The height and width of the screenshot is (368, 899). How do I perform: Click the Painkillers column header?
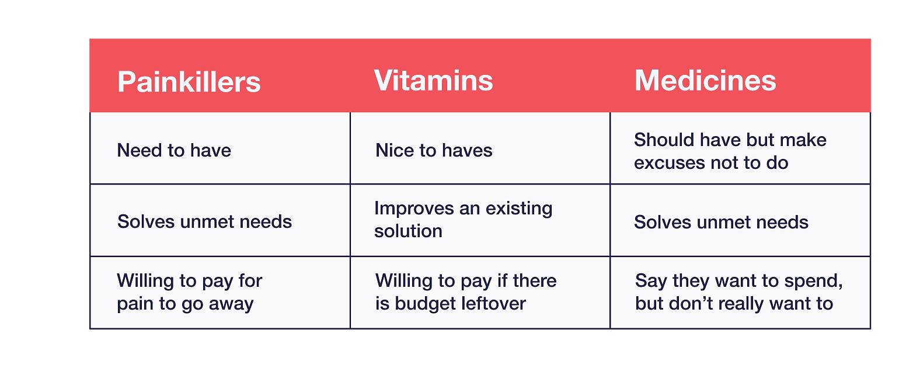[189, 82]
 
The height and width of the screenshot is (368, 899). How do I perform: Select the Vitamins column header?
[433, 81]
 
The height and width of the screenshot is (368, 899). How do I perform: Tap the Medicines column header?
[705, 81]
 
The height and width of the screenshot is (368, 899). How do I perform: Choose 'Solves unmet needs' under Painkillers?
[204, 221]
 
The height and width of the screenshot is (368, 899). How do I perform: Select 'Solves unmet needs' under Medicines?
[721, 222]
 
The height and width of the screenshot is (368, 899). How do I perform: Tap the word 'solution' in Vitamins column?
[408, 231]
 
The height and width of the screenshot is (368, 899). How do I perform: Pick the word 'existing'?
[519, 209]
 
